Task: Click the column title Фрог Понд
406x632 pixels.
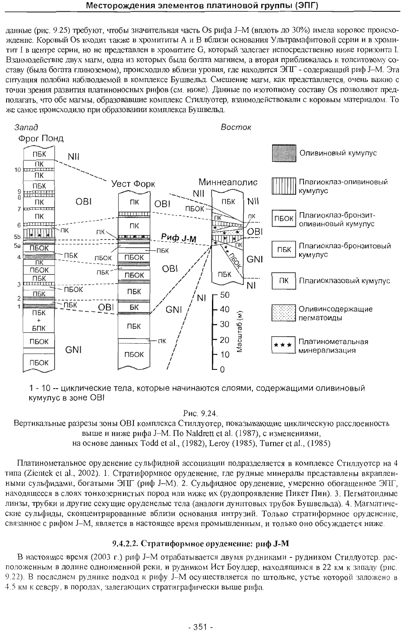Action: tap(41, 139)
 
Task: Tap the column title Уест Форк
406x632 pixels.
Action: tap(133, 184)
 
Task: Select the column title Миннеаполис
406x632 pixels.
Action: tap(228, 182)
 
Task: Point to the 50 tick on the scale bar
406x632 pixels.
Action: tap(225, 295)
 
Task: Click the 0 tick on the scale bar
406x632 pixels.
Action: tap(222, 369)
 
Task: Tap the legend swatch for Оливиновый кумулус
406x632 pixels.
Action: tap(284, 153)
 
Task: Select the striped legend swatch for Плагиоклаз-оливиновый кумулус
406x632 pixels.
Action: tap(284, 186)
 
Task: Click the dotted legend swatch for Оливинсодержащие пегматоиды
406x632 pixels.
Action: tap(284, 313)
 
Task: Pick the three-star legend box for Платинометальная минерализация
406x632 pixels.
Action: tap(284, 345)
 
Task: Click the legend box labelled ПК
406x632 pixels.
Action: tap(284, 281)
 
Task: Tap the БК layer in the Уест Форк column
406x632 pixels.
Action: tap(134, 307)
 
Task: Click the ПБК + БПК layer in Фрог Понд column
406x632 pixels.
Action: tap(39, 321)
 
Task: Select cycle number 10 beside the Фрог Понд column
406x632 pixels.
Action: tap(17, 170)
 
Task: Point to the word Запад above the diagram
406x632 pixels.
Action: tap(26, 127)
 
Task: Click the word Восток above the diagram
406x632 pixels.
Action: tap(235, 127)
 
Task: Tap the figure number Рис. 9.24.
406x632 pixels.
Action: tap(201, 413)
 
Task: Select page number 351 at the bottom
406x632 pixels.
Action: tap(201, 627)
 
